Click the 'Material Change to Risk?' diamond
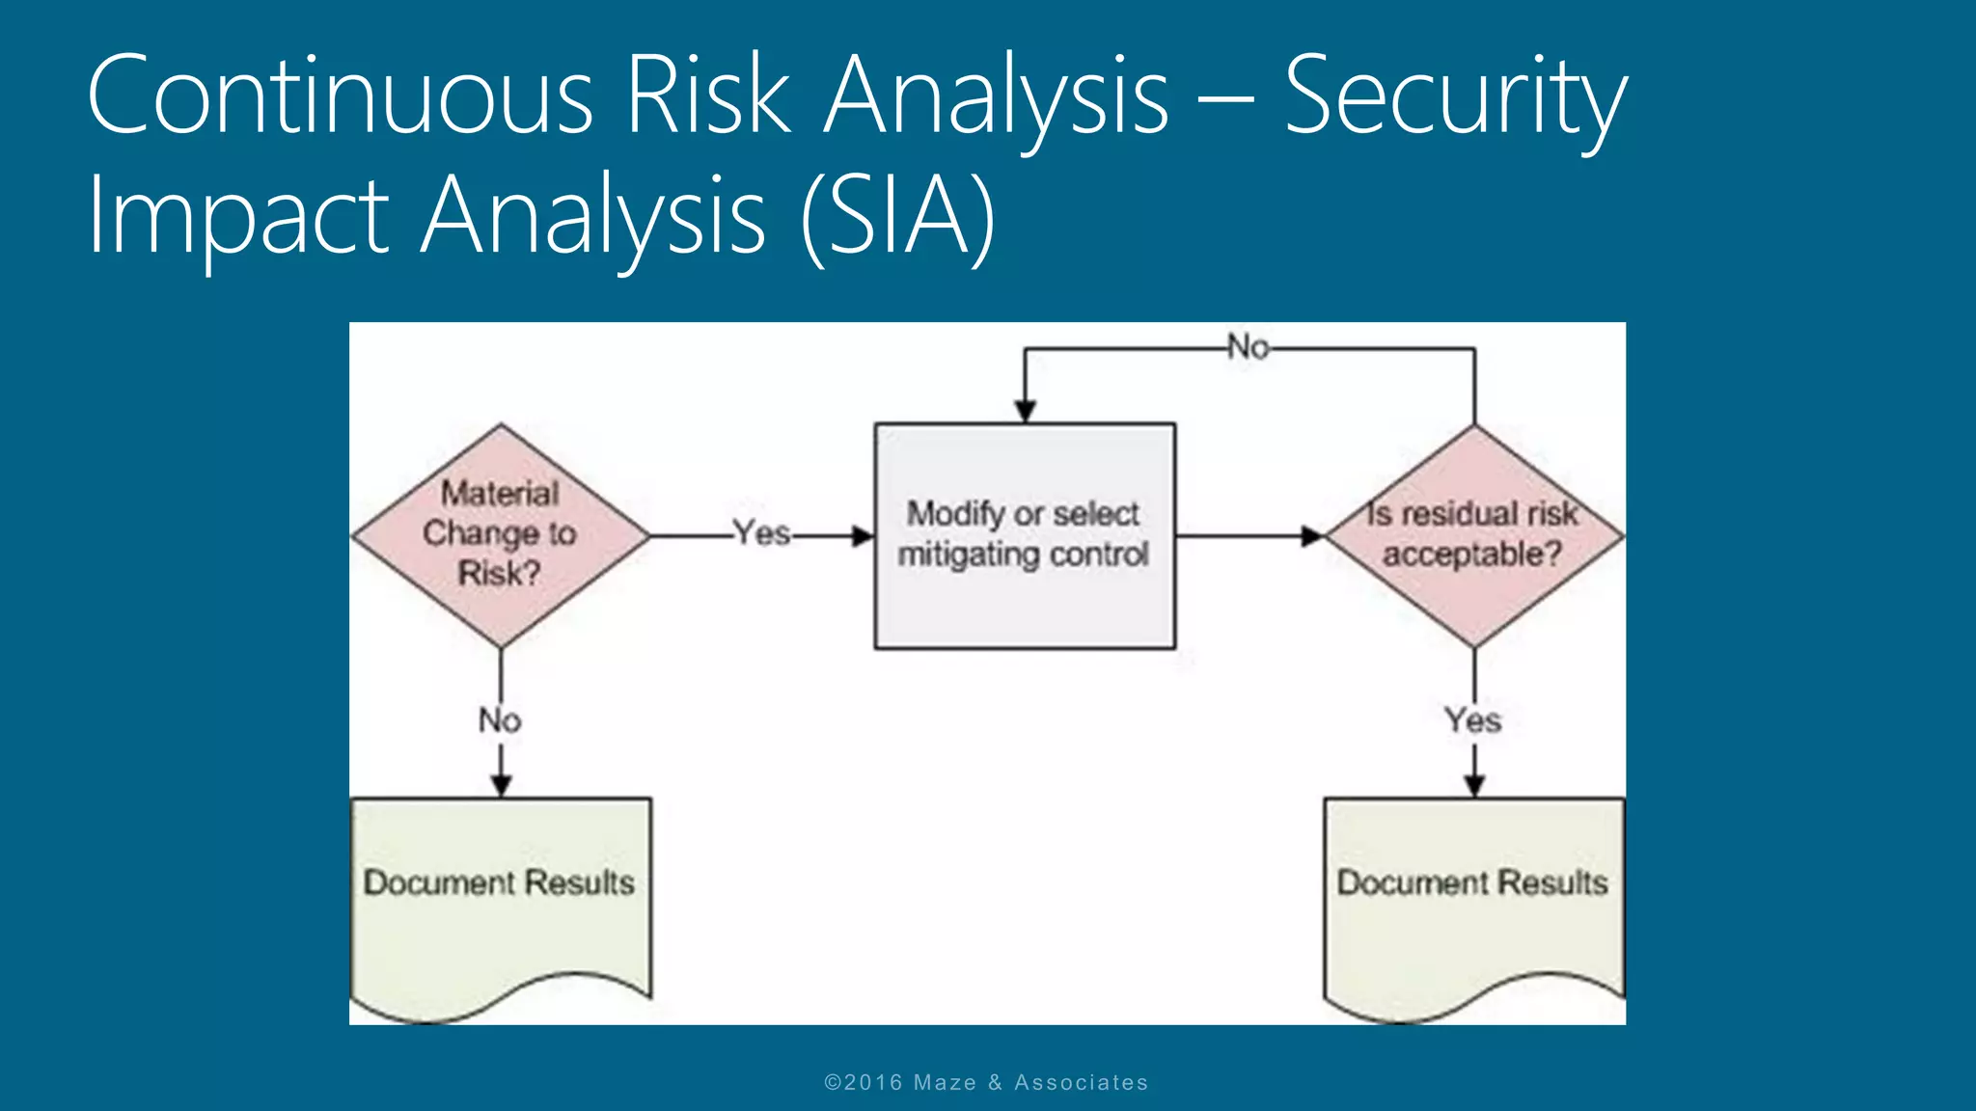point(500,534)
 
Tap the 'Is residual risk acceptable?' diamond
point(1473,535)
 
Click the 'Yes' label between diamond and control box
point(761,533)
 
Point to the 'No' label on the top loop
point(1248,347)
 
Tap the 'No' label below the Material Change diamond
point(500,720)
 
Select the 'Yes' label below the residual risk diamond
point(1472,720)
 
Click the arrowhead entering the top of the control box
point(1026,411)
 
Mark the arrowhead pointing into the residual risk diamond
point(1312,536)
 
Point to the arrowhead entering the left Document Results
point(501,785)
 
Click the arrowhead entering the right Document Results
point(1474,785)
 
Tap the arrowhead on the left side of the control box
point(863,536)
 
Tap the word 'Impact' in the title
point(237,218)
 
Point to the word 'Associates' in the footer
point(1081,1083)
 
